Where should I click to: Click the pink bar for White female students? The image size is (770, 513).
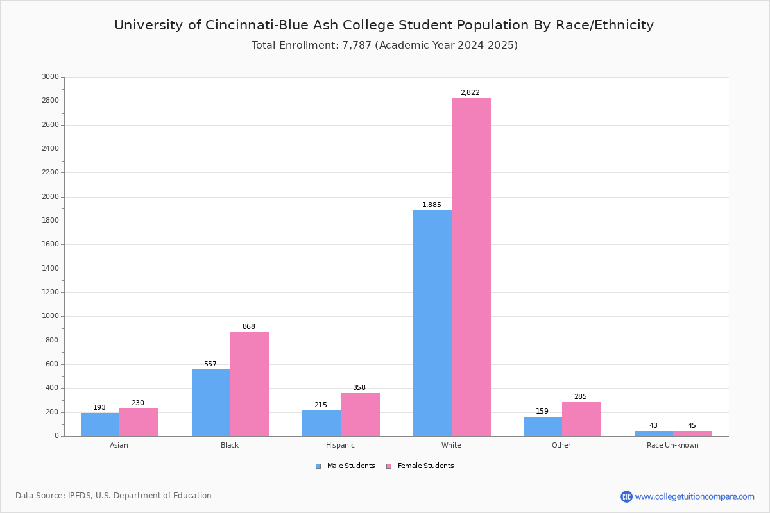point(471,267)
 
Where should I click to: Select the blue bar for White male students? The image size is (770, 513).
point(432,323)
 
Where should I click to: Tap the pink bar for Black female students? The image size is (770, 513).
point(250,384)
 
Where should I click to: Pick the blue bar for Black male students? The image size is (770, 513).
point(211,403)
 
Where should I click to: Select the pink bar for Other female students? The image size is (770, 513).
point(581,419)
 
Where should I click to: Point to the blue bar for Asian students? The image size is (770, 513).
point(100,425)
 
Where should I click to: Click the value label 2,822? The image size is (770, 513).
point(470,93)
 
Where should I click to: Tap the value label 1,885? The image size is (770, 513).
point(431,205)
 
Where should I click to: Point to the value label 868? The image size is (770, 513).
point(248,327)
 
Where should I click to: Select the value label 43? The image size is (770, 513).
point(653,426)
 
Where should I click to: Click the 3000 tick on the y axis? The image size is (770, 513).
point(50,77)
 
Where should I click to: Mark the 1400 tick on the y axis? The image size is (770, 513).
point(50,269)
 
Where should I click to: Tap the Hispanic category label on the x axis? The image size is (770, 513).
point(340,445)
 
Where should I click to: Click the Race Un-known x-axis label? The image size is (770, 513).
point(672,445)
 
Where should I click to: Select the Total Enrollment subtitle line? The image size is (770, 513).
point(384,46)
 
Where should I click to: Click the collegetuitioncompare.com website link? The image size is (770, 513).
point(694,496)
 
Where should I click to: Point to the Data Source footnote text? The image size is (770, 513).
point(114,496)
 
